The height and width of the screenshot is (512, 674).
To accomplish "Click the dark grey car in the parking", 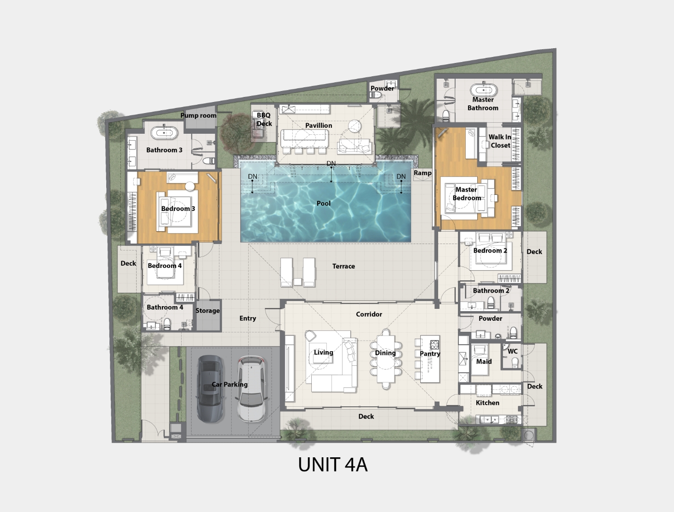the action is (x=210, y=389).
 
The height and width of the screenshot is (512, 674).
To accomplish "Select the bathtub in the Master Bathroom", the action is (x=484, y=90).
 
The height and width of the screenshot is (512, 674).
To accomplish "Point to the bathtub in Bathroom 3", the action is (x=164, y=133).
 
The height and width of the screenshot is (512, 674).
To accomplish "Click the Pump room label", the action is (x=198, y=115).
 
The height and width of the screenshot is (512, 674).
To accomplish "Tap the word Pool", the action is (x=324, y=203).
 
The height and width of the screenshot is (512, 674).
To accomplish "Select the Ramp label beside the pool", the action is (x=423, y=173).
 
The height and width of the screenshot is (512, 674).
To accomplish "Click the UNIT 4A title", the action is (x=333, y=465).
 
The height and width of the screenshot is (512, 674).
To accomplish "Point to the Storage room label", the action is (x=207, y=311).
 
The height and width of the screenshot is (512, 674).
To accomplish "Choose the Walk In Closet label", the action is (x=500, y=141).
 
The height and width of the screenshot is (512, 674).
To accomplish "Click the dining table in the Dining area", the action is (x=386, y=359).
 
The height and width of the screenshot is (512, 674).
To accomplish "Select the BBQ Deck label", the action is (x=264, y=119).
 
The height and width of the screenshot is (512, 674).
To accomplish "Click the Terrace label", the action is (x=343, y=266).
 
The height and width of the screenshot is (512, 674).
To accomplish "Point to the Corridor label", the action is (x=369, y=314).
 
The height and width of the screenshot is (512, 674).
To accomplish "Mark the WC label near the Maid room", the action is (x=513, y=352).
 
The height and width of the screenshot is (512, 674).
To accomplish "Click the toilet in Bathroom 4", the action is (x=167, y=323).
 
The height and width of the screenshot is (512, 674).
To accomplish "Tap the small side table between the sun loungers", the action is (x=297, y=282).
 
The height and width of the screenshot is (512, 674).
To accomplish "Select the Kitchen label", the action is (x=488, y=403).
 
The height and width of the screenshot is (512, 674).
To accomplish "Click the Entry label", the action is (x=248, y=319).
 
